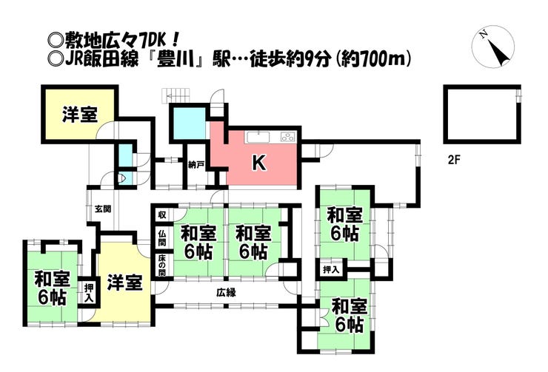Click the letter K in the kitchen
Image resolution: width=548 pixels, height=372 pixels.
pyautogui.click(x=259, y=163)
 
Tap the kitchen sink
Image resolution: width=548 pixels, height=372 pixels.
pyautogui.click(x=258, y=137)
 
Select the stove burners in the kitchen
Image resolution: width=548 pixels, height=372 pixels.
pyautogui.click(x=287, y=137)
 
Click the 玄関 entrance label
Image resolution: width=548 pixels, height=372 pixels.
pyautogui.click(x=103, y=209)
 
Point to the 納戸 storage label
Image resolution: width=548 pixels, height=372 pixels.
pyautogui.click(x=196, y=165)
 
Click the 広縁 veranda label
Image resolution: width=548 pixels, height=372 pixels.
pyautogui.click(x=226, y=292)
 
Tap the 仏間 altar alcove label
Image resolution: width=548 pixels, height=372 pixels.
pyautogui.click(x=162, y=237)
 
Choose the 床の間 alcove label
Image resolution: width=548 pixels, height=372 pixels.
pyautogui.click(x=162, y=266)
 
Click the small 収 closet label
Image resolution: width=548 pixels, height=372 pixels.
pyautogui.click(x=162, y=214)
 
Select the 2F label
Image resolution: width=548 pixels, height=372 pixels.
pyautogui.click(x=455, y=160)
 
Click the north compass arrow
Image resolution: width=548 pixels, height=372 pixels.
pyautogui.click(x=498, y=53)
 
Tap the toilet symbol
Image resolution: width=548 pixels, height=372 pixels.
pyautogui.click(x=122, y=178)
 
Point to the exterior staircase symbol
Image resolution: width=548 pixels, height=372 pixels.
pyautogui.click(x=176, y=95)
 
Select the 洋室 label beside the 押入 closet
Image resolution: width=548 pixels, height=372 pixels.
pyautogui.click(x=124, y=282)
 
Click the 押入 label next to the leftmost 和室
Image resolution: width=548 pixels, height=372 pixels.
pyautogui.click(x=89, y=293)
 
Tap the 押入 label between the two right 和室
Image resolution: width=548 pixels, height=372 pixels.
pyautogui.click(x=331, y=269)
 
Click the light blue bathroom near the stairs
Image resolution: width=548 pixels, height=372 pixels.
pyautogui.click(x=189, y=123)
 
